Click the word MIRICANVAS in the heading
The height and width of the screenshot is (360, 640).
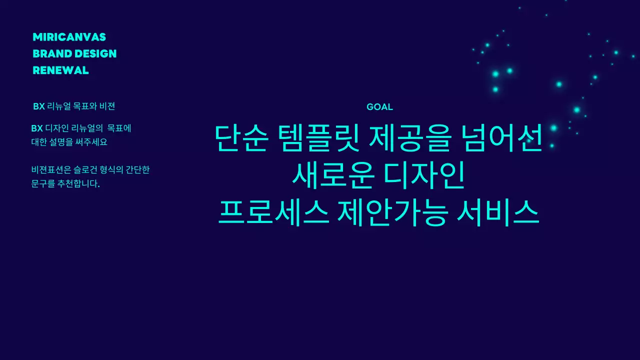[x=69, y=37]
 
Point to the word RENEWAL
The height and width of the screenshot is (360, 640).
[x=60, y=70]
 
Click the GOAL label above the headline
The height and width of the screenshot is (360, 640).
[x=379, y=107]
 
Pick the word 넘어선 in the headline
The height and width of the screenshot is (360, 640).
[x=500, y=138]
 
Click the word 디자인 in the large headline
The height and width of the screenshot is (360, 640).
[x=424, y=175]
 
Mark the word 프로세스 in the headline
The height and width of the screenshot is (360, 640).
[x=273, y=212]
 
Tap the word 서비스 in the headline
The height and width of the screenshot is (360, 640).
[x=498, y=212]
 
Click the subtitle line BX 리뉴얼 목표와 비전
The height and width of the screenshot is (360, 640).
[x=74, y=106]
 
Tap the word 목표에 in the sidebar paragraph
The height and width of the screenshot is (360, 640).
[x=119, y=128]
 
